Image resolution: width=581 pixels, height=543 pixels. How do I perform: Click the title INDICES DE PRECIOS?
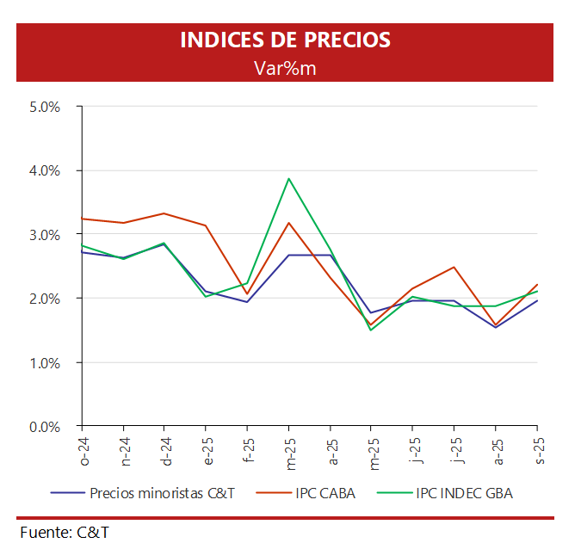285,40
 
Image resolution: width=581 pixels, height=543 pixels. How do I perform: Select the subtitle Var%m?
285,68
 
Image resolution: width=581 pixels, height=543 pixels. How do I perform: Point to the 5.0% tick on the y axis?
44,107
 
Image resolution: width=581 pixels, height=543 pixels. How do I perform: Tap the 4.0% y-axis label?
44,170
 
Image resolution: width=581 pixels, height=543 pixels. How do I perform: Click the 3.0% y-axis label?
44,234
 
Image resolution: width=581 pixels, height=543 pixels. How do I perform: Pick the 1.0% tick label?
44,362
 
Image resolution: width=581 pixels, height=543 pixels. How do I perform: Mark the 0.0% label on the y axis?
44,426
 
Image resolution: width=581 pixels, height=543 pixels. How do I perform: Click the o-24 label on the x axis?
83,449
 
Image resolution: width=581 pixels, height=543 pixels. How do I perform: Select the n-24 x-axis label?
125,449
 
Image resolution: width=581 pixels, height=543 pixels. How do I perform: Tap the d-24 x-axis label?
166,449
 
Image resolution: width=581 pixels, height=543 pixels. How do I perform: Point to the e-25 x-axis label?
207,449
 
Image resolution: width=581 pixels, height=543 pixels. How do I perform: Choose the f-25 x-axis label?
248,448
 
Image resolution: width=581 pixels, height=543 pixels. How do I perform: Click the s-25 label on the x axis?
539,448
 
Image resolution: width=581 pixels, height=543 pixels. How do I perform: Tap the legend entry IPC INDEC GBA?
464,493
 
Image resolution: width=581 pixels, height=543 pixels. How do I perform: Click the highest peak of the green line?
288,179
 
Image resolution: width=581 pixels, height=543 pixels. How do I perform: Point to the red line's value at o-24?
82,219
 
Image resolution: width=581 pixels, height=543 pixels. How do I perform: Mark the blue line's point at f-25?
247,302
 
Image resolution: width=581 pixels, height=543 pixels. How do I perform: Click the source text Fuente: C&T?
65,531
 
